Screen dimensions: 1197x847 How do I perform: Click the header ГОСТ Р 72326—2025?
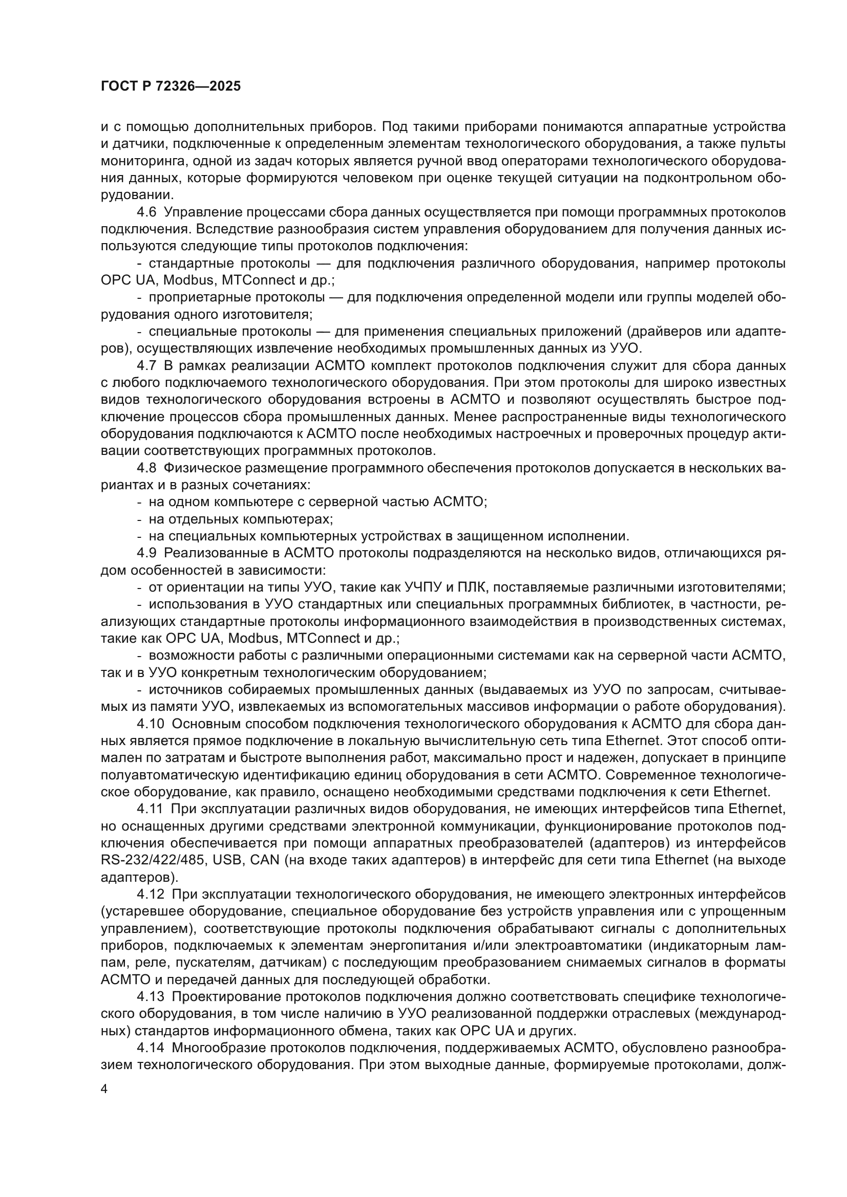click(x=171, y=86)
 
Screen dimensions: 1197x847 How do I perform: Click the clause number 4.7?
click(x=146, y=365)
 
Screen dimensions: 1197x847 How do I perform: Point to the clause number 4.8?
click(x=146, y=468)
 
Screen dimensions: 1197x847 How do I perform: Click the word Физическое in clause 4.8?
click(x=196, y=468)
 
